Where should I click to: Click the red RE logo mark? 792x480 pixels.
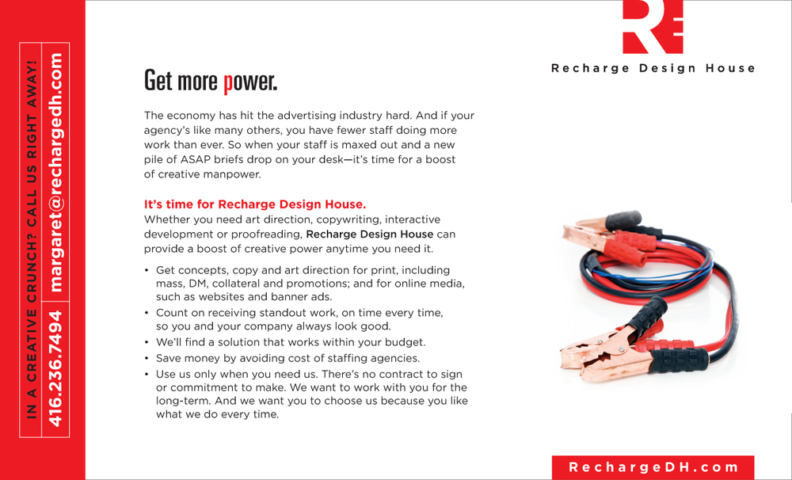pos(653,27)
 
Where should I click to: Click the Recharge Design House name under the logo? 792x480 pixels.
pos(653,68)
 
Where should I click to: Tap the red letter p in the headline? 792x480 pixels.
pos(228,81)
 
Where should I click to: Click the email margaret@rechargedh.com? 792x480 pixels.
pos(55,172)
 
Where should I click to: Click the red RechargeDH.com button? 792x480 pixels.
pos(653,467)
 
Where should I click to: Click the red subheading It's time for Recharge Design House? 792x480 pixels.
pos(254,204)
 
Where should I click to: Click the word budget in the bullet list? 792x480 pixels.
pos(404,343)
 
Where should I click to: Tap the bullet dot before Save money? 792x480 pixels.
pos(147,359)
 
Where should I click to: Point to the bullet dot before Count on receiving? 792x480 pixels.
pos(147,314)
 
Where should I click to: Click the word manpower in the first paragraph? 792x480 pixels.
pos(234,174)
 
